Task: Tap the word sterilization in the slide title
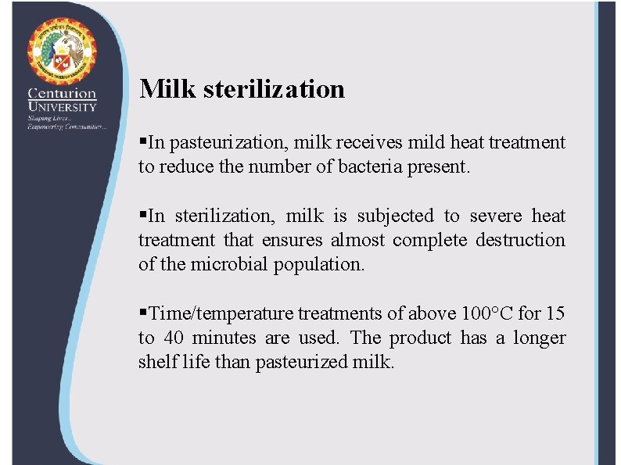pos(274,88)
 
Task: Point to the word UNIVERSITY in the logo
pos(62,106)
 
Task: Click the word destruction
pos(521,240)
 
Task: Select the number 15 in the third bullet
pos(555,313)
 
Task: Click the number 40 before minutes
pos(172,338)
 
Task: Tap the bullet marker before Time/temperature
pos(142,313)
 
